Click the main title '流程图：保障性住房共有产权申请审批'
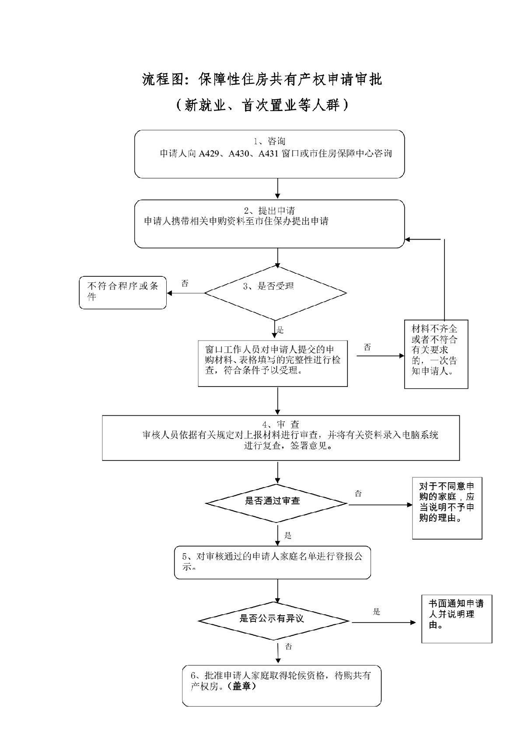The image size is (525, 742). tap(262, 80)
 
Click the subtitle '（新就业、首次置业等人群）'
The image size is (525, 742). tap(262, 105)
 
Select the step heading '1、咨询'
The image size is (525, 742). tap(269, 141)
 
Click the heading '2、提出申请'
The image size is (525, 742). tap(269, 211)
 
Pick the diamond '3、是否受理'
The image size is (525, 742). tap(275, 292)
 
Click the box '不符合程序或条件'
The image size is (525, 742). tap(123, 292)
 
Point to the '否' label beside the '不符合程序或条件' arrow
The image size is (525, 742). tap(185, 283)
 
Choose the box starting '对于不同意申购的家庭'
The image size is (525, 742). tap(447, 508)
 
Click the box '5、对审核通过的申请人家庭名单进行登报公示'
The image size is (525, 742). tap(273, 562)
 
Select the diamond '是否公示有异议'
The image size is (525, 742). tap(273, 620)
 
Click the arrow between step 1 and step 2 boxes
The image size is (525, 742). tap(278, 189)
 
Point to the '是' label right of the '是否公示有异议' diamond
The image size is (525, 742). tap(376, 612)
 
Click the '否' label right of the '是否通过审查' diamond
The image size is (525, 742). tap(358, 494)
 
